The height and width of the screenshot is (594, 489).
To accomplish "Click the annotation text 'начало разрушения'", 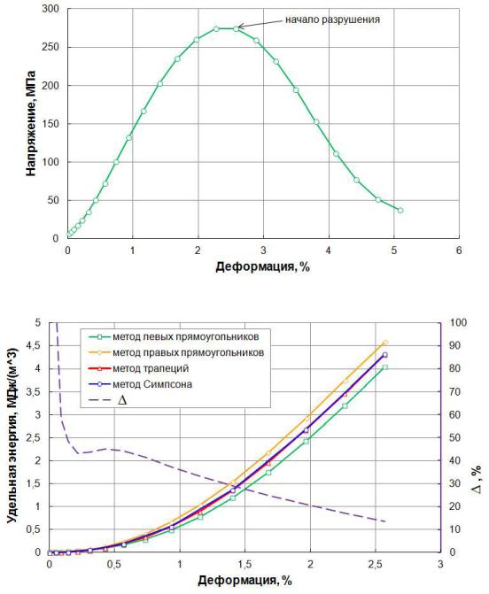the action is tap(332, 19).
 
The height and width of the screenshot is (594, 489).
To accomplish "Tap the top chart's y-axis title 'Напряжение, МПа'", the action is tap(31, 124).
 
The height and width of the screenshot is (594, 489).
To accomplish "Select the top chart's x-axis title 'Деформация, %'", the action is tap(263, 266).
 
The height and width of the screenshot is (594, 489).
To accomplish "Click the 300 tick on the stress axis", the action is tap(50, 9).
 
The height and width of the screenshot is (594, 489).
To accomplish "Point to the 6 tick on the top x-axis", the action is tap(459, 251).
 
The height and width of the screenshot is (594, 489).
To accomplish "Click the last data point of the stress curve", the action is tap(400, 211).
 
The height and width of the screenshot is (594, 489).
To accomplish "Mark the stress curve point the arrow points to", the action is tap(237, 28).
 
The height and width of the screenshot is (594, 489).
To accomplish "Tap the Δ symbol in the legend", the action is tap(122, 400).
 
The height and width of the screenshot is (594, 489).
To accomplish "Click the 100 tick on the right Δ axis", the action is tap(458, 323).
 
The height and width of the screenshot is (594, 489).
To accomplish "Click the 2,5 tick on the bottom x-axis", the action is tap(375, 565).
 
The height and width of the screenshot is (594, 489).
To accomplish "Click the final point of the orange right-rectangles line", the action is tap(385, 343).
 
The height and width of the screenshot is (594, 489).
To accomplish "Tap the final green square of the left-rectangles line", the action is tap(385, 367).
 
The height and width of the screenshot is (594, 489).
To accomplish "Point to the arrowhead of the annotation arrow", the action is tap(239, 27).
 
